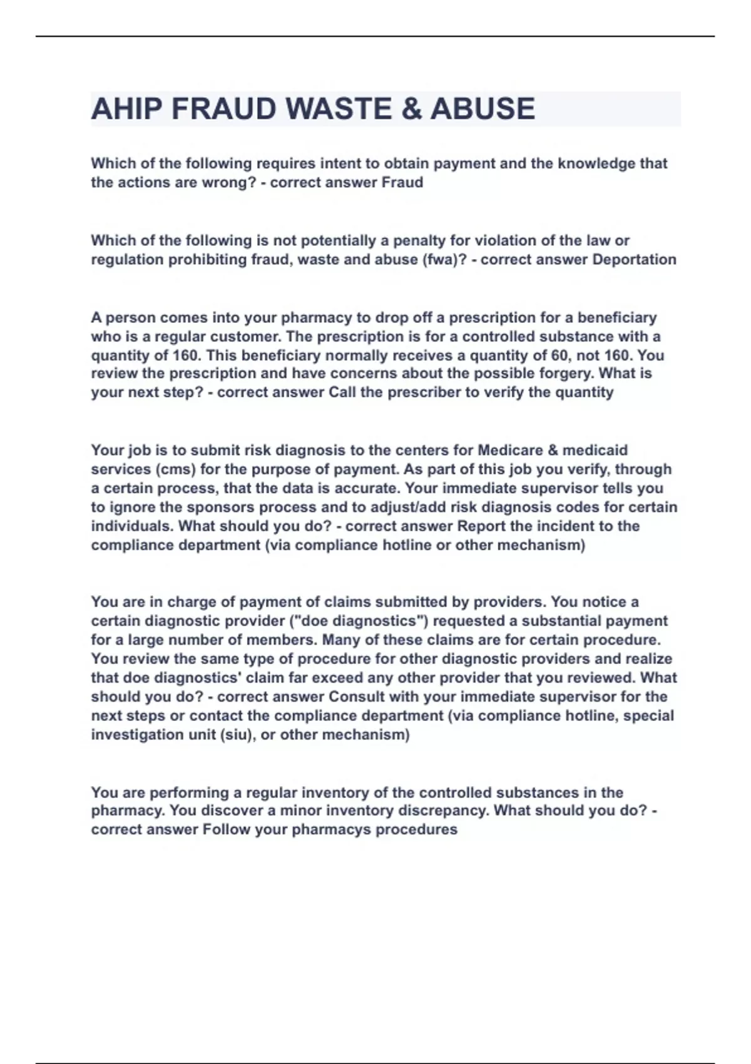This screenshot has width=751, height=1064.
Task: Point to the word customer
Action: pyautogui.click(x=245, y=337)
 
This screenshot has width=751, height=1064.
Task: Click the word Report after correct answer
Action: pyautogui.click(x=480, y=526)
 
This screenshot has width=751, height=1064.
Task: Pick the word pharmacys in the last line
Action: pyautogui.click(x=324, y=830)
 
